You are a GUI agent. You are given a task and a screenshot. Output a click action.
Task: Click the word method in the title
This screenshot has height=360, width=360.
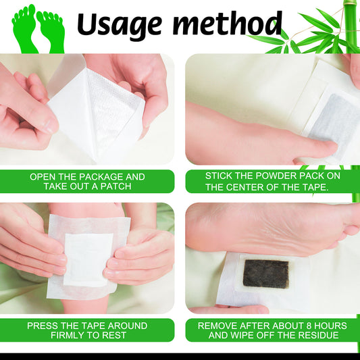[228, 24]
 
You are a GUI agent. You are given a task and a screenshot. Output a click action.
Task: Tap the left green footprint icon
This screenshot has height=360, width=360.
[24, 28]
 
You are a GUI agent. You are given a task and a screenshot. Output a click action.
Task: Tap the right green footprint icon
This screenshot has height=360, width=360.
[51, 32]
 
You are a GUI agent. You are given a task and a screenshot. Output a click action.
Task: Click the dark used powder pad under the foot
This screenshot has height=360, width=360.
[265, 274]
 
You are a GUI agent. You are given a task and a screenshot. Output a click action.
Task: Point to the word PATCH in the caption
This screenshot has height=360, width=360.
[116, 186]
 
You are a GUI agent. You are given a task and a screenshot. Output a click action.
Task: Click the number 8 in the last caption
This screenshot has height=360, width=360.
[309, 326]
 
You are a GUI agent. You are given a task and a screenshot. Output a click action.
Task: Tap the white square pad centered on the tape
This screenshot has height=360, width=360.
[88, 259]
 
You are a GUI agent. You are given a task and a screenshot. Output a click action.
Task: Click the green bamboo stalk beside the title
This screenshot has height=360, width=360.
[351, 26]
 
